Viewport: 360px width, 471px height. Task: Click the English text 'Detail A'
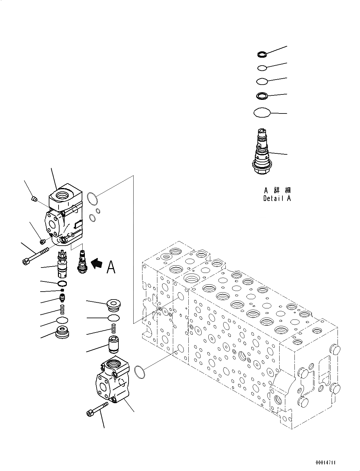[277, 198]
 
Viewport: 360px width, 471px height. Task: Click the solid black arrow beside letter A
[97, 264]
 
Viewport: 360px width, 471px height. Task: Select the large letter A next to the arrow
[111, 267]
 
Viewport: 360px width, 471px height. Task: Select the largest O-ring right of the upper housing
[92, 198]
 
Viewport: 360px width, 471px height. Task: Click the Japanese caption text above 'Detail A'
[277, 190]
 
